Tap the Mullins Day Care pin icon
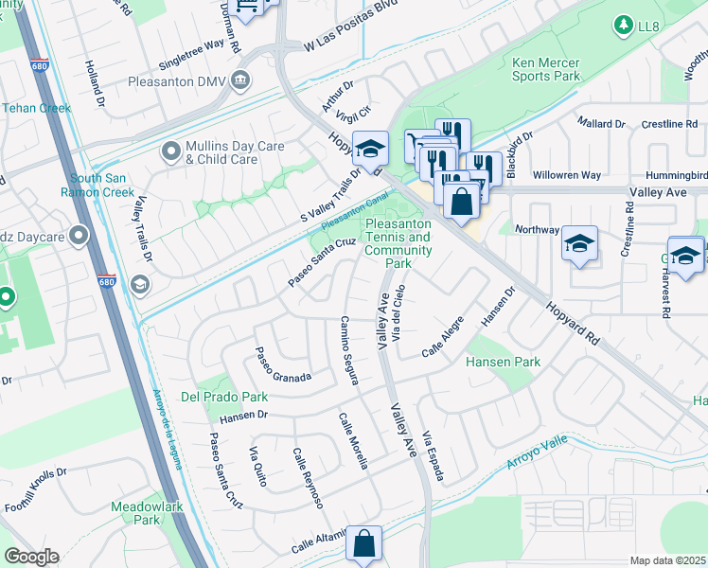point(171,151)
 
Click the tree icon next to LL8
point(623,23)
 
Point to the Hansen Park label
point(502,362)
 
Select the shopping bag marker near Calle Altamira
point(363,544)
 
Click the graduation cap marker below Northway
point(578,244)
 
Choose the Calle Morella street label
point(353,439)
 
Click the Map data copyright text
point(667,560)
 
